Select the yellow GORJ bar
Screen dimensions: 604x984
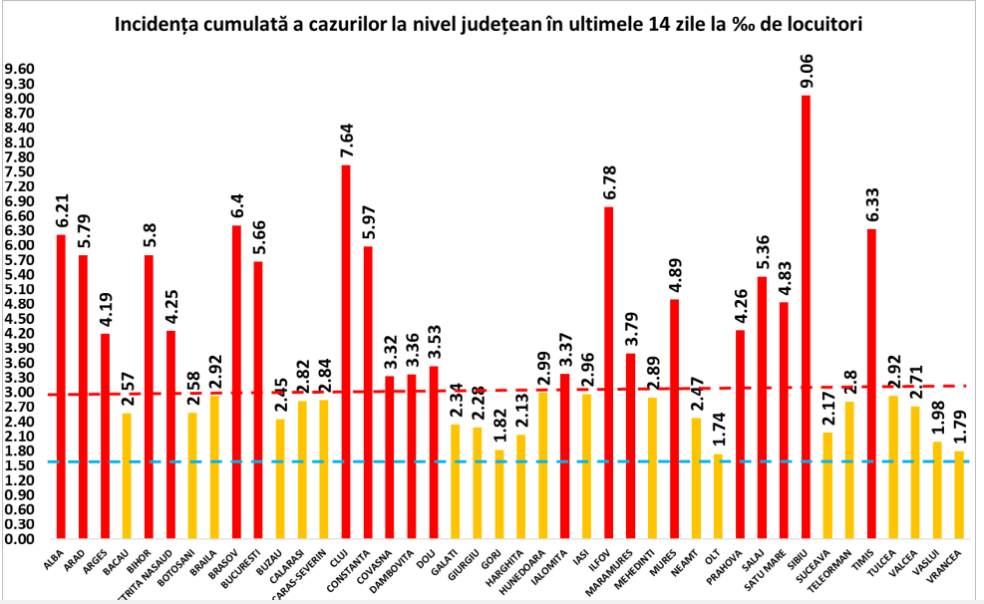[x=498, y=493]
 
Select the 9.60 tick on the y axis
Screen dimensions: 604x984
[x=20, y=69]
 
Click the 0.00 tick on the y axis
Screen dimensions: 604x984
[x=20, y=538]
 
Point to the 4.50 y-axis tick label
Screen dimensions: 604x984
[x=20, y=318]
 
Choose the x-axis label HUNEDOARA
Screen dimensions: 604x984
[x=528, y=569]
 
